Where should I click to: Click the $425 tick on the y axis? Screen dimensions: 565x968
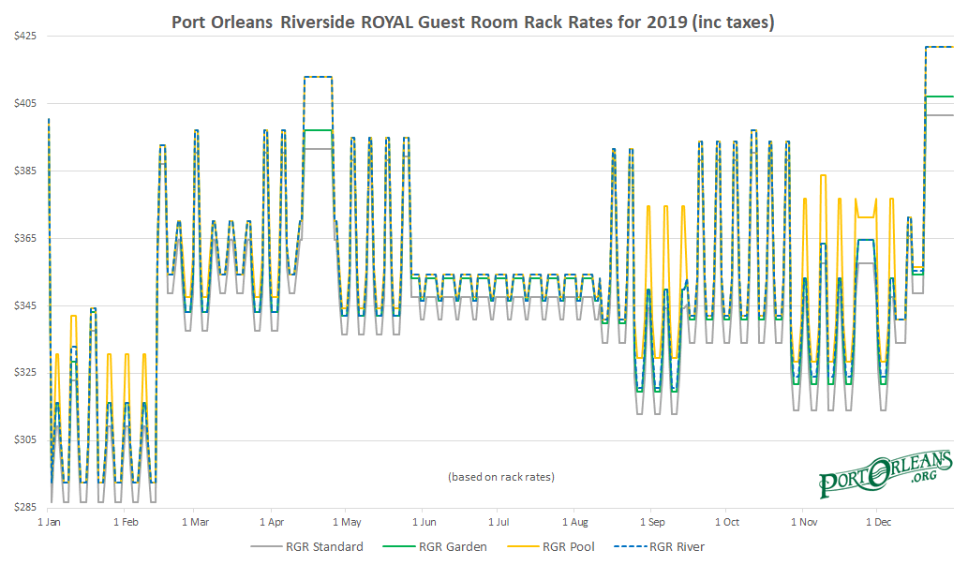23,36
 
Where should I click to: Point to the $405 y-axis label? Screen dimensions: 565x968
23,103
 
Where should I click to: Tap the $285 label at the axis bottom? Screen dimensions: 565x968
23,507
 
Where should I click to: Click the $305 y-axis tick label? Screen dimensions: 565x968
23,439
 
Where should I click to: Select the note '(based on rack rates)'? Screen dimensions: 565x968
501,477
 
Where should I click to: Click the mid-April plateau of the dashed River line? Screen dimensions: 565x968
318,77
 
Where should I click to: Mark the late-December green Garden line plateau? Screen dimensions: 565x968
939,97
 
